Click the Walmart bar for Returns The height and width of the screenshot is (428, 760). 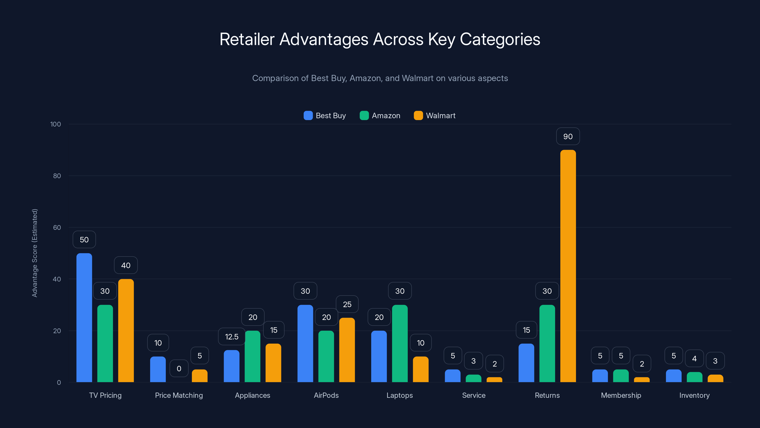(568, 266)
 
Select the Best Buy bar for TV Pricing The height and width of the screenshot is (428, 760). (84, 317)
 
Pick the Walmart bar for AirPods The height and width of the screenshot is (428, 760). (347, 350)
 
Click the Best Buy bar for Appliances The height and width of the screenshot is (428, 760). (232, 366)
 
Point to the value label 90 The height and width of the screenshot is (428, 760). (568, 136)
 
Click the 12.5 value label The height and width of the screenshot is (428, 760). (232, 337)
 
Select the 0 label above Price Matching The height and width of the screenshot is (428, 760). (179, 368)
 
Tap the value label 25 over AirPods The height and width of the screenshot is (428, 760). (347, 304)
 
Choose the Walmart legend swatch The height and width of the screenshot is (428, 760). (418, 116)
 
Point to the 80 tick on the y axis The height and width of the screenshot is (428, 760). (57, 176)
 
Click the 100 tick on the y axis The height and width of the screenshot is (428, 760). (56, 124)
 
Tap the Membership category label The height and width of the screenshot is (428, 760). (621, 395)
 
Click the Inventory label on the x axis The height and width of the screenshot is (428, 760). (694, 395)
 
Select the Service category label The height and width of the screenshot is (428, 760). (474, 395)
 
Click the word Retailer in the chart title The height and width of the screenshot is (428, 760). (247, 39)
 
